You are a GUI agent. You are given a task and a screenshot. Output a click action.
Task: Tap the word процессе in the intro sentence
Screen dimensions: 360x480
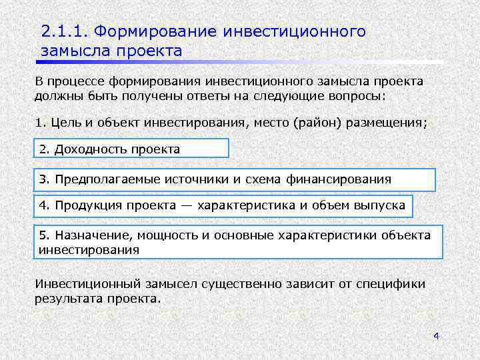coord(75,81)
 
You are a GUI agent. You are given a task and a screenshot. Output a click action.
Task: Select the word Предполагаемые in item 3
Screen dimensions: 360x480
coord(102,179)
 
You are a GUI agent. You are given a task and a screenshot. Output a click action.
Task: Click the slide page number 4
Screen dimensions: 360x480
coord(436,336)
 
